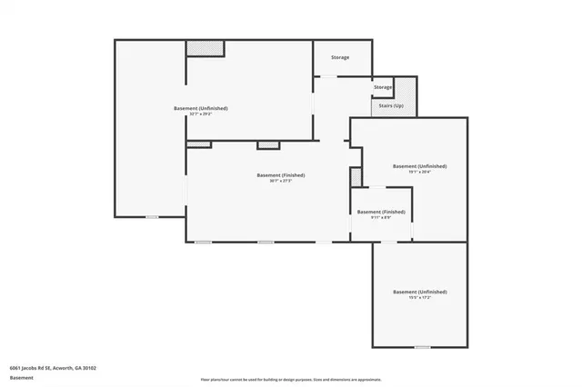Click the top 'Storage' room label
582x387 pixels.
click(340, 57)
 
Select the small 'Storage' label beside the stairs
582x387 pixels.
click(383, 87)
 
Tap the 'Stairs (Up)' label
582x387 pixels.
click(392, 105)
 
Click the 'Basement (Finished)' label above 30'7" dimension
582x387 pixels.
click(280, 174)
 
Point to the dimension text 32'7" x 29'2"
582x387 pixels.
click(200, 114)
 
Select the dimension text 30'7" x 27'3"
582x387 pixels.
click(280, 181)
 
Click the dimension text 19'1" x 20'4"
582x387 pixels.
click(419, 173)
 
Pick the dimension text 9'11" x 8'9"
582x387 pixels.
click(381, 218)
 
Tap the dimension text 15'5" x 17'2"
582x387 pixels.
click(419, 298)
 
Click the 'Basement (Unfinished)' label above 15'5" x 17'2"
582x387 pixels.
click(419, 292)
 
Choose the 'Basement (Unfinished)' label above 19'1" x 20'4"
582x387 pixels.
click(419, 166)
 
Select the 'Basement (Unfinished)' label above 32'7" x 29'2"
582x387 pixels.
click(200, 108)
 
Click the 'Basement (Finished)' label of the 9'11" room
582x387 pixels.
click(381, 212)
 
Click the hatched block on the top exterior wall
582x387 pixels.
click(205, 47)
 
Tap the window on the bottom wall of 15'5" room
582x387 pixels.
click(422, 347)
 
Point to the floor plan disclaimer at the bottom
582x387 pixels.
click(291, 379)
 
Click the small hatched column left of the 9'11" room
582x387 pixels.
click(356, 176)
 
